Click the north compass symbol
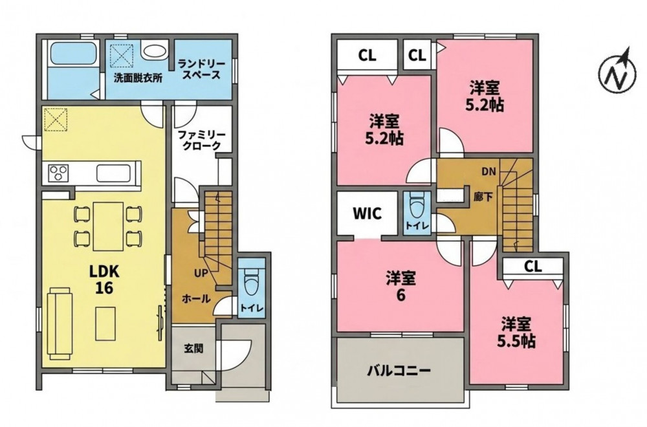point(617,74)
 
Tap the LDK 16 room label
point(104,279)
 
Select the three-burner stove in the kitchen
point(58,173)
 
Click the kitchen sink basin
point(114,173)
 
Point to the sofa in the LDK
point(60,322)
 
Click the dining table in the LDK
point(108,226)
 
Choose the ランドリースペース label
point(201,70)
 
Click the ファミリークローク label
point(201,140)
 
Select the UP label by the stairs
point(201,273)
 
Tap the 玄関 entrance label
point(193,349)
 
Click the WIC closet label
point(367,213)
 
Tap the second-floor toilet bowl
point(416,205)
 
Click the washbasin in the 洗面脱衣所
point(153,52)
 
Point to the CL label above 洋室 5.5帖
point(532,267)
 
